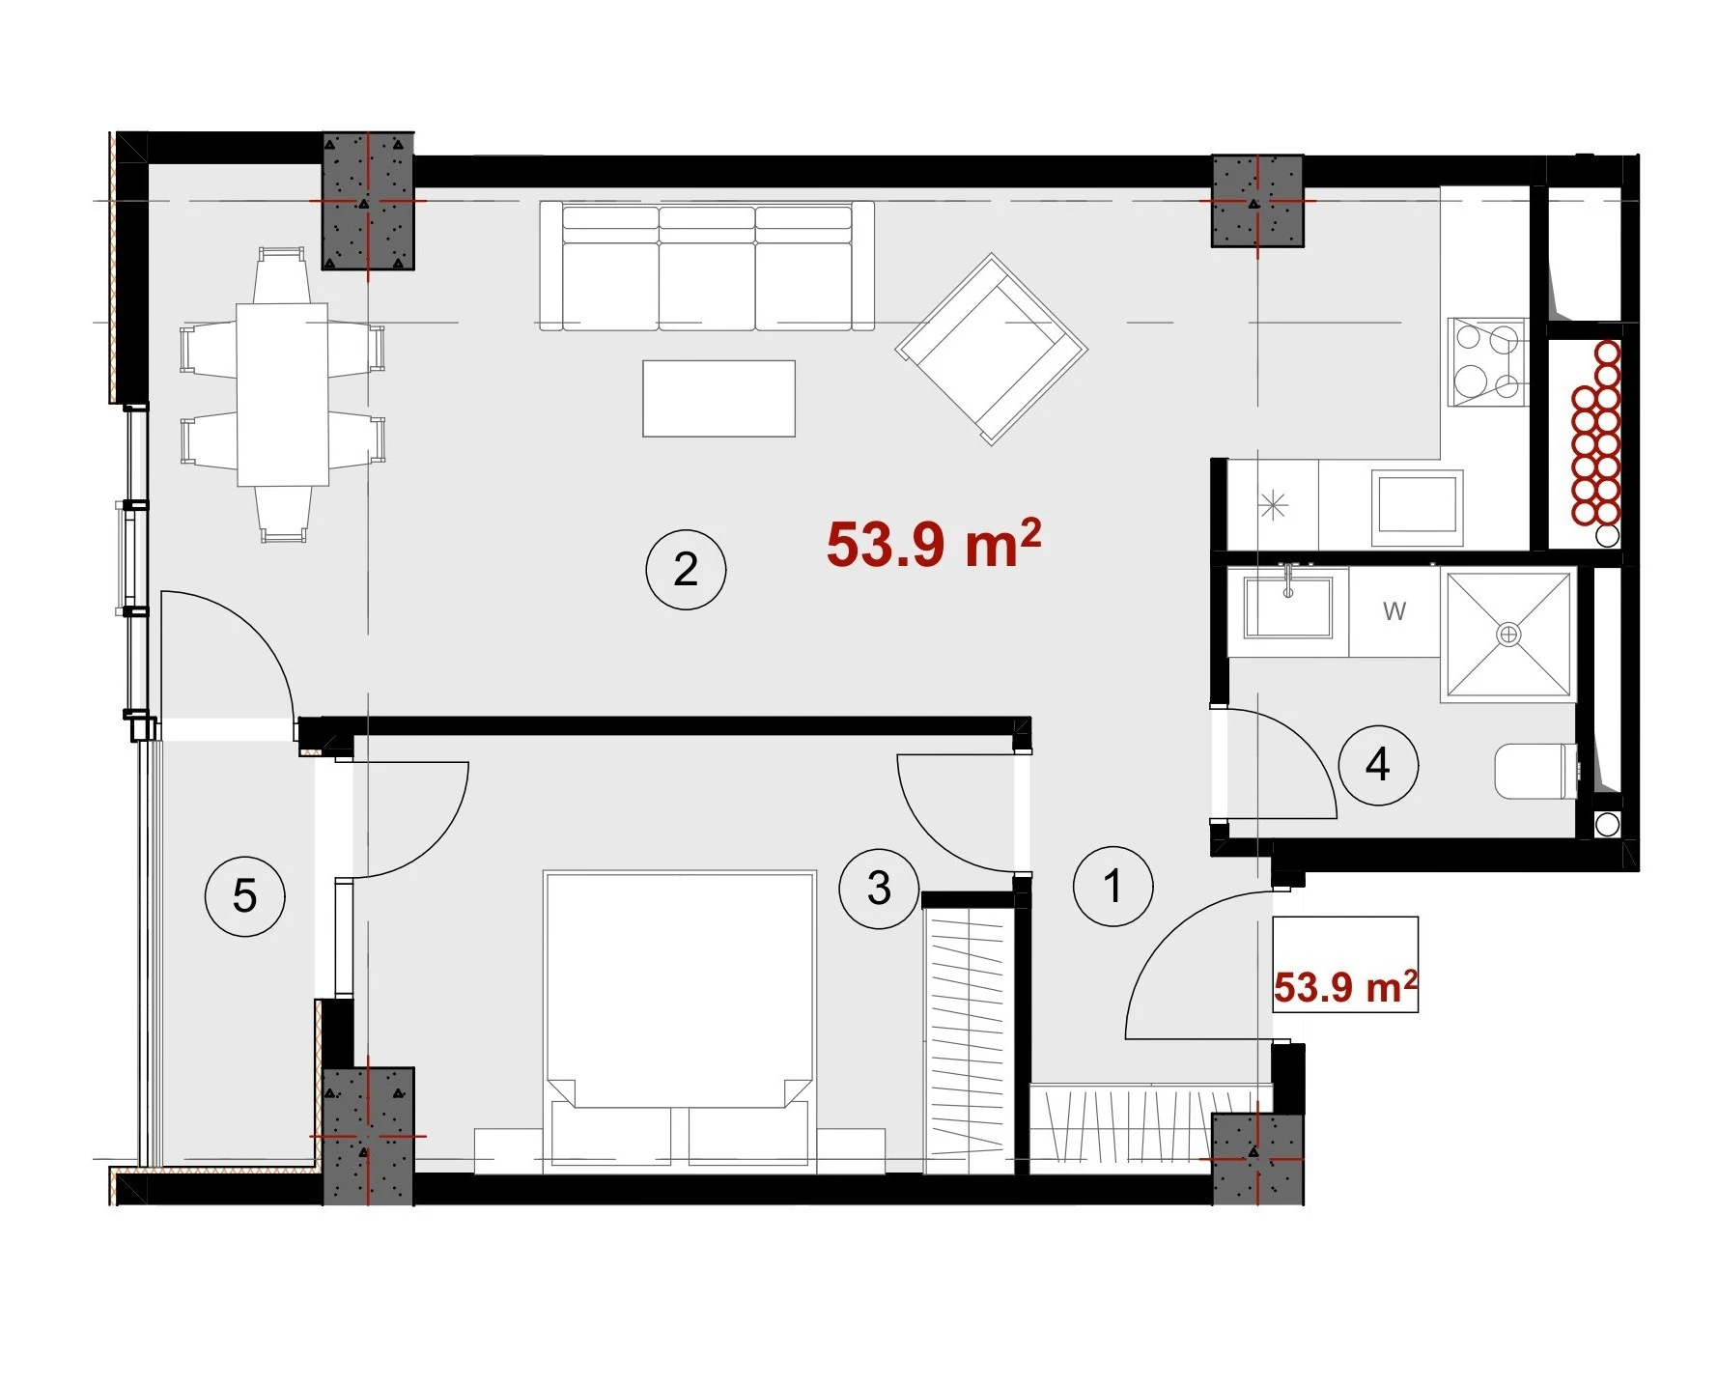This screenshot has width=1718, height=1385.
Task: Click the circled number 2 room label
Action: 686,569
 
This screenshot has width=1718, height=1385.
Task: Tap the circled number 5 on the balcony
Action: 244,896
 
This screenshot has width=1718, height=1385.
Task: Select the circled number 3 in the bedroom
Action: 879,889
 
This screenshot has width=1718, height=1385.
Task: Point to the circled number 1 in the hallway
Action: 1113,887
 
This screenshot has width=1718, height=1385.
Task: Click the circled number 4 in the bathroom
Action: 1378,766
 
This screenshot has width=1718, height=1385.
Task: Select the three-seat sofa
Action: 707,266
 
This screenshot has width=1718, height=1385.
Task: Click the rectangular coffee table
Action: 719,398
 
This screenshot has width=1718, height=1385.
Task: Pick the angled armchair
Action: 991,349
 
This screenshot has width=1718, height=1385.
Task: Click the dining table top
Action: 282,394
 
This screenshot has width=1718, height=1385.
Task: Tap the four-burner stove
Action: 1487,361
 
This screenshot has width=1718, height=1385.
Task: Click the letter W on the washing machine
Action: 1394,610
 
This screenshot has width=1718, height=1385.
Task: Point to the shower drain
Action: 1507,634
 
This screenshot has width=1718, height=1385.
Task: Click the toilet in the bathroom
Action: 1536,771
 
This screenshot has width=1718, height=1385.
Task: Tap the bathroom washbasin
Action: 1288,606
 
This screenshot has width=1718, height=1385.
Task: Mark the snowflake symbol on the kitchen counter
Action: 1274,504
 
